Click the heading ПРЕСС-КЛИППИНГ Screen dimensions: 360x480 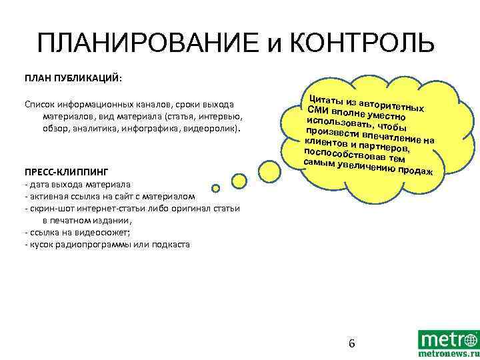tap(66, 171)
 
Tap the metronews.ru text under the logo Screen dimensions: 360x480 tap(448, 355)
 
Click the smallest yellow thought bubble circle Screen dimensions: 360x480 tap(216, 189)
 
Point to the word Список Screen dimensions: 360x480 tap(42, 105)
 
